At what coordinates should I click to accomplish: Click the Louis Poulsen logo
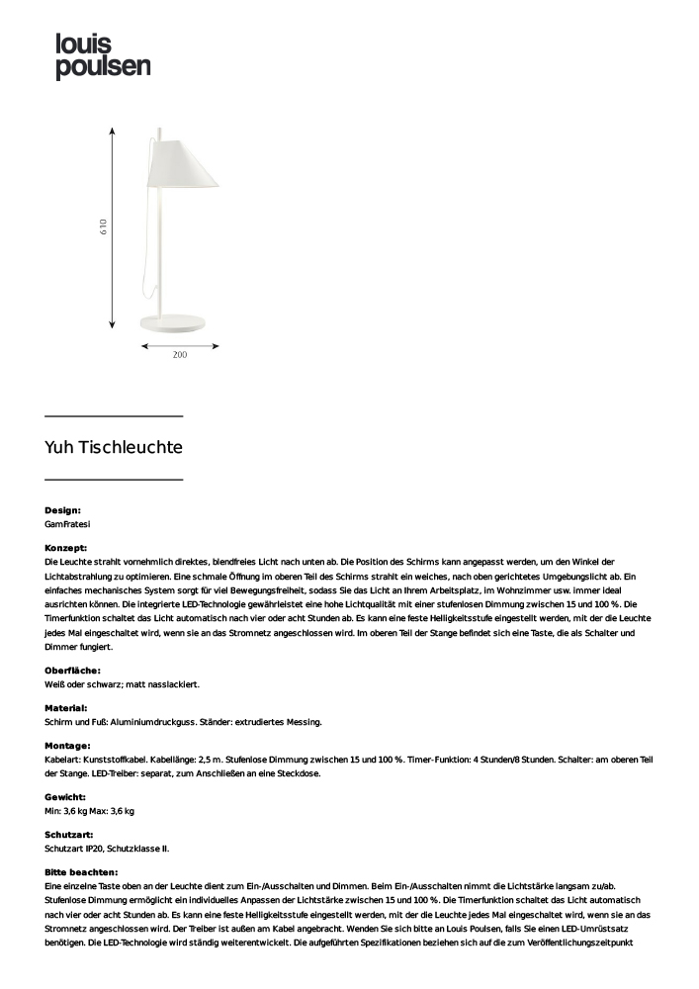pos(103,55)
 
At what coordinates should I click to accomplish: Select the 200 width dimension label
pos(180,355)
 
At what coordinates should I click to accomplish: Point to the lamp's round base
pos(179,321)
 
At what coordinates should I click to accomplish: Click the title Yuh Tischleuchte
pos(114,447)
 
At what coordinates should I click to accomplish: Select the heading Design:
pos(62,510)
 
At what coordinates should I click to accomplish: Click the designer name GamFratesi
pos(67,524)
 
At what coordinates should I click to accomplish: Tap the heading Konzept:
pos(66,547)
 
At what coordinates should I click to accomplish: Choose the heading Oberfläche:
pos(72,671)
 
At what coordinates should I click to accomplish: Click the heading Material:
pos(66,708)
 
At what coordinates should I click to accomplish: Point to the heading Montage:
pos(67,746)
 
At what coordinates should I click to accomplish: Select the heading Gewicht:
pos(65,796)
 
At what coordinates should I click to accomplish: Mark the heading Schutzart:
pos(70,835)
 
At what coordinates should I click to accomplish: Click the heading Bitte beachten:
pos(81,872)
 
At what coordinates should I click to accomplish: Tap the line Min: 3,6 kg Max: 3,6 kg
pos(89,811)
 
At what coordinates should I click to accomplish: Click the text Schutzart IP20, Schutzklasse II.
pos(107,849)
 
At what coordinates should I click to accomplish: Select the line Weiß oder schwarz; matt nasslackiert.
pos(123,684)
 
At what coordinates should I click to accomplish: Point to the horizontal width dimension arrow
pos(180,346)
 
